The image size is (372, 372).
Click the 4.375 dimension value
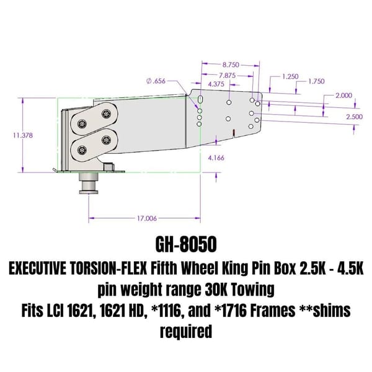pos(216,84)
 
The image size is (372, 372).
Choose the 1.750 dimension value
pos(316,81)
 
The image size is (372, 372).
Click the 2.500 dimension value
pos(354,116)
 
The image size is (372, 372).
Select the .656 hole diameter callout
pos(157,81)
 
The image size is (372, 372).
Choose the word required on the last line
pos(186,331)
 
